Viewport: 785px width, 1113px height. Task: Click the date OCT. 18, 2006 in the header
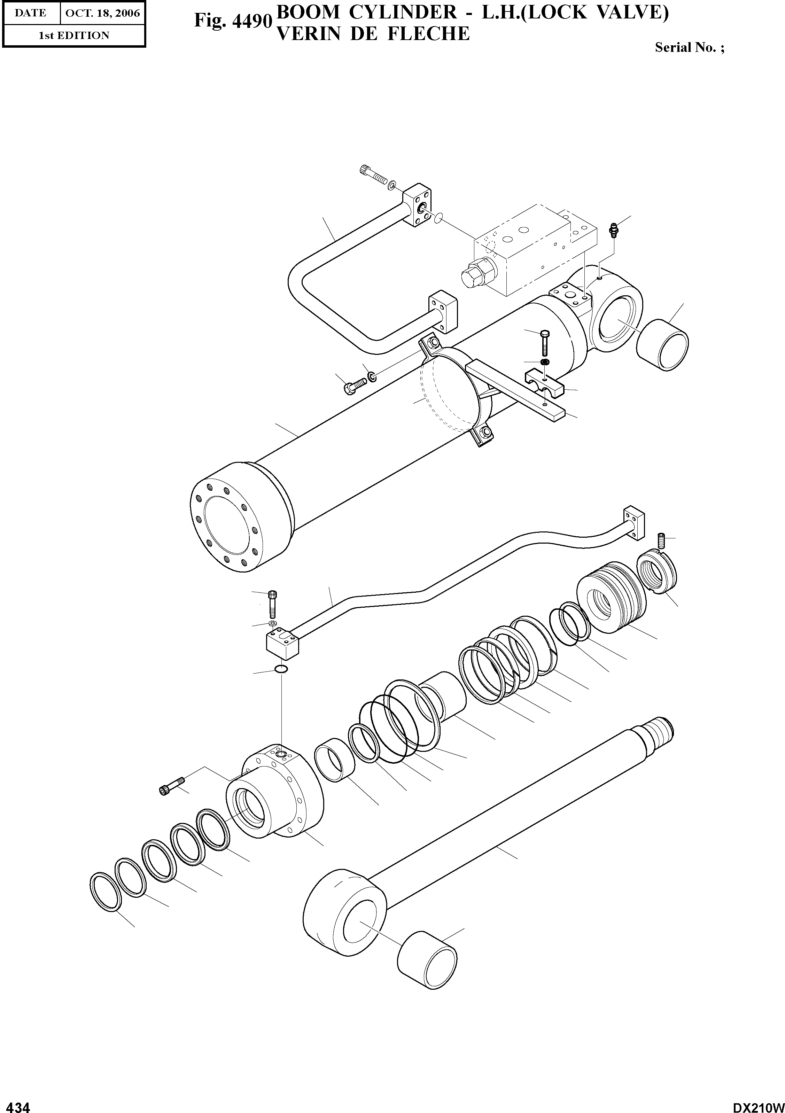click(x=102, y=13)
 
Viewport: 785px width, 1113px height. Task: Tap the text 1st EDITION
click(x=74, y=36)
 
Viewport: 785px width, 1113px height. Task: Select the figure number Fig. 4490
click(x=231, y=20)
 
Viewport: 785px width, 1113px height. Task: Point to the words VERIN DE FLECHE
click(x=372, y=34)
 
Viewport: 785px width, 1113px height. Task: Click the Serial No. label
click(x=689, y=47)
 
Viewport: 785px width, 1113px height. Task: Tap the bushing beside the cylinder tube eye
click(x=661, y=345)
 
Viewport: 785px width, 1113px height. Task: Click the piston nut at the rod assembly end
click(x=654, y=574)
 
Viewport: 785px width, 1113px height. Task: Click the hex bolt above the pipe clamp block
click(x=544, y=344)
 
